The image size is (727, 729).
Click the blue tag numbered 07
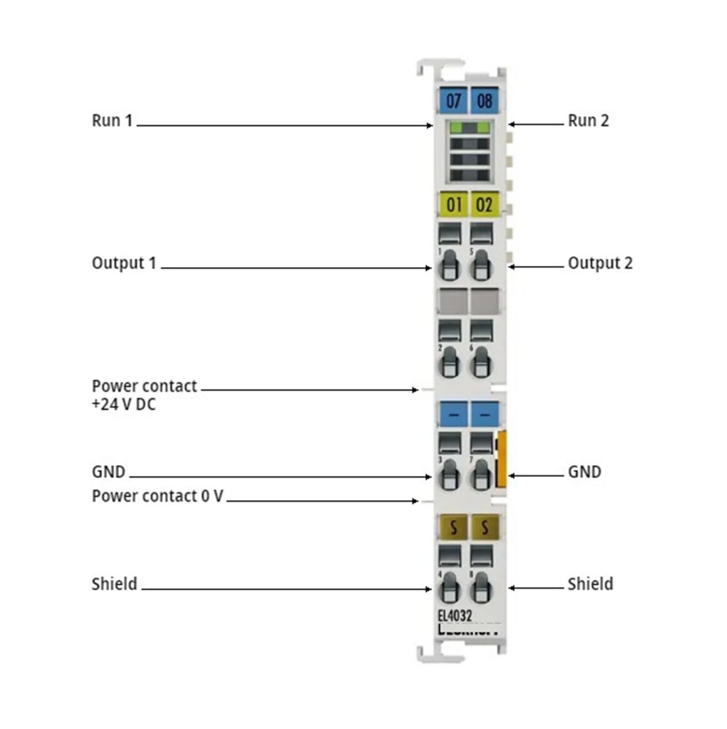pos(453,100)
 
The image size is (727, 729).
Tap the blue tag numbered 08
pos(484,100)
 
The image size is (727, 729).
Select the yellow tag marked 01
pos(453,204)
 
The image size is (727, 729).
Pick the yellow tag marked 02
pos(484,204)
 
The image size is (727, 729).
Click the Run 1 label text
pos(112,121)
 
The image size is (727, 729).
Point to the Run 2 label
pos(588,121)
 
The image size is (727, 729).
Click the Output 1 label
pos(124,263)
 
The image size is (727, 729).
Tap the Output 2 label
pos(600,263)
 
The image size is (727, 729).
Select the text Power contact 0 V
pos(157,496)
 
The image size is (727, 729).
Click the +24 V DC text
pos(124,404)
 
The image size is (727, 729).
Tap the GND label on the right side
pos(584,472)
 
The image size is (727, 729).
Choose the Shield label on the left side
pos(114,584)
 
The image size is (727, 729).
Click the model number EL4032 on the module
pos(455,616)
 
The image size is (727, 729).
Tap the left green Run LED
pos(457,128)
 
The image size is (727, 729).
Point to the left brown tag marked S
pos(453,527)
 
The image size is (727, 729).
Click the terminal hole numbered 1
pos(449,265)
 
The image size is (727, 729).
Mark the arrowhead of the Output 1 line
pos(429,268)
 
